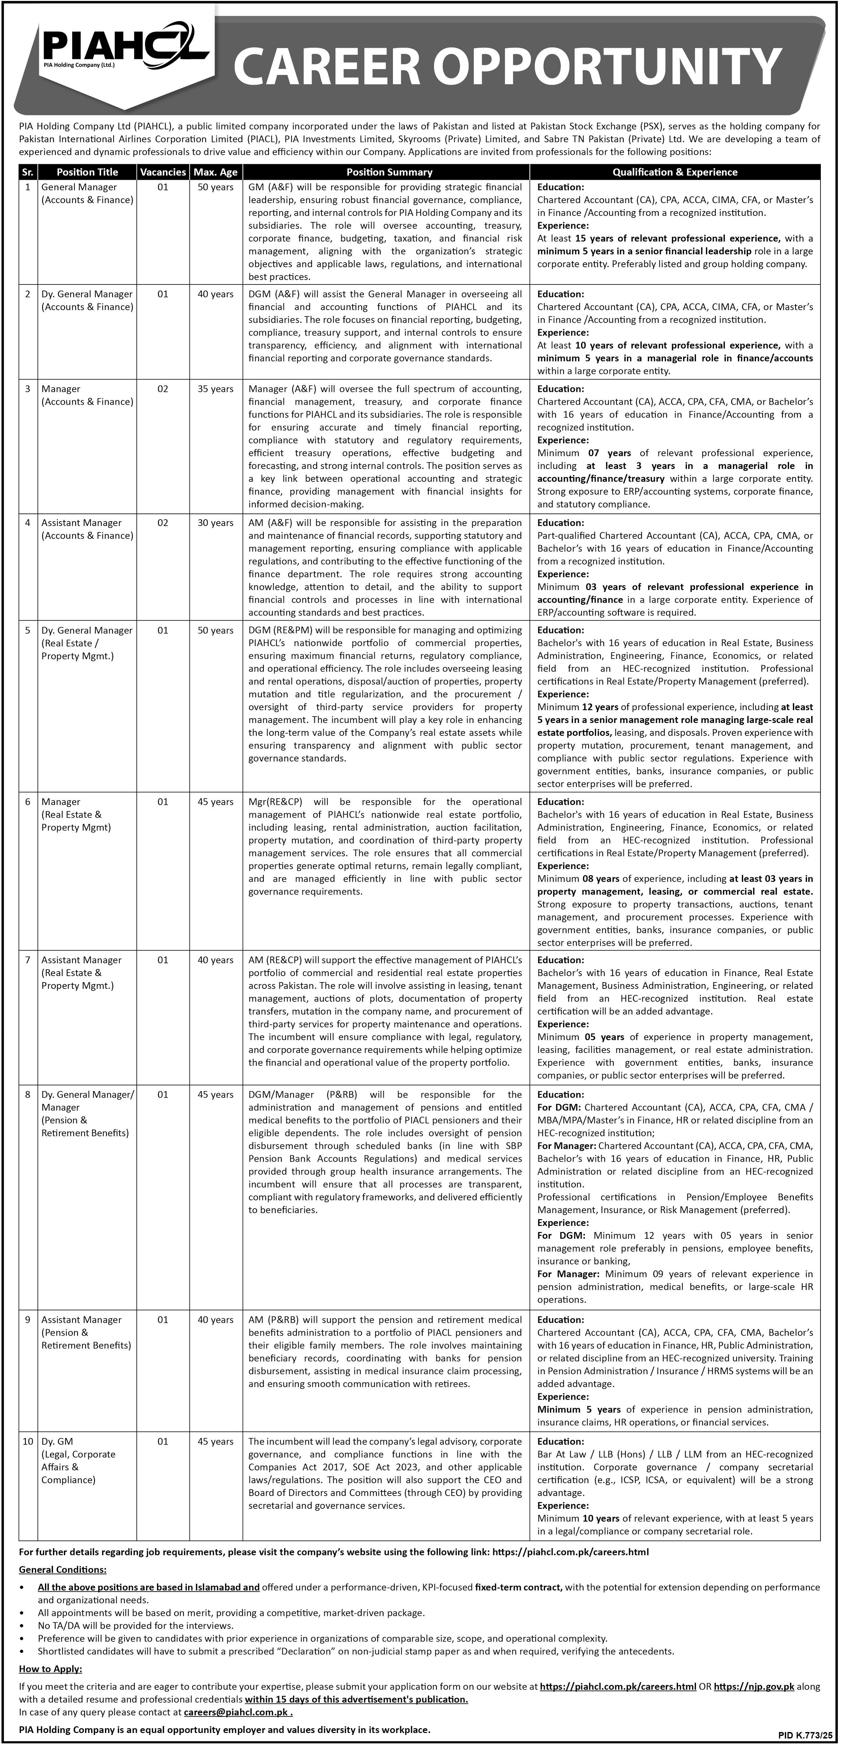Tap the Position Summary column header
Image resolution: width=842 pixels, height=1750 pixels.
(389, 172)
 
